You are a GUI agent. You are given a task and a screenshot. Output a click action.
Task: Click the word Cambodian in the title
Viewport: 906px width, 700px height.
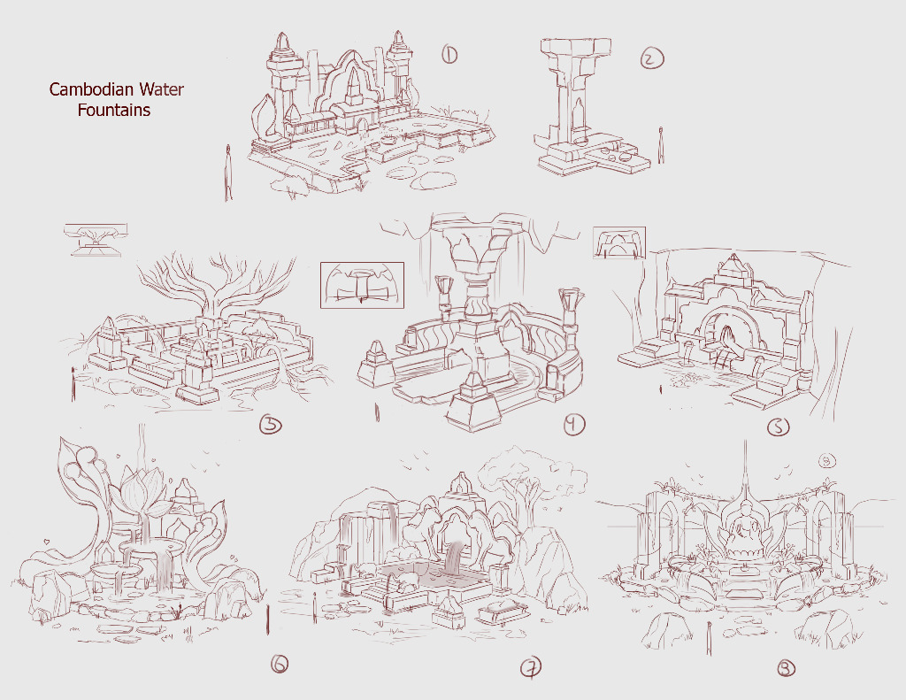[84, 89]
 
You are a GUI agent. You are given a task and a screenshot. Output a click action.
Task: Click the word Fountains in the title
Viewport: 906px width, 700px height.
[114, 110]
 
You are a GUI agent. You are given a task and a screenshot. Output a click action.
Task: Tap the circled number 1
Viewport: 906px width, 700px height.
[449, 55]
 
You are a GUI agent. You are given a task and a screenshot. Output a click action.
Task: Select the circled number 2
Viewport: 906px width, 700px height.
[652, 58]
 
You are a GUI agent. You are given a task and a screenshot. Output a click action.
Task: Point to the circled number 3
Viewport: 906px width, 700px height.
[271, 425]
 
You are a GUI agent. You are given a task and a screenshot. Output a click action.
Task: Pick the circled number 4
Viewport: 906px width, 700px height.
[573, 425]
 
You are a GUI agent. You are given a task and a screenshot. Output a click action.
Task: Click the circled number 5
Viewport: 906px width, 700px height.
[779, 427]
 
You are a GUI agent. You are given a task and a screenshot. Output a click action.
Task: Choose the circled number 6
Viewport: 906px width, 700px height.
[279, 665]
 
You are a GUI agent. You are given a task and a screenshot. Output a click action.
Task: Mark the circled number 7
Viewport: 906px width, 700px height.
[531, 668]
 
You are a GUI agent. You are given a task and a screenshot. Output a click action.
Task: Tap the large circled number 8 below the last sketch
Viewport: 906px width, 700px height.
[786, 669]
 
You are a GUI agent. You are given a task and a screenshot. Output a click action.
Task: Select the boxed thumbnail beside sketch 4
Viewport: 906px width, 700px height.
[362, 285]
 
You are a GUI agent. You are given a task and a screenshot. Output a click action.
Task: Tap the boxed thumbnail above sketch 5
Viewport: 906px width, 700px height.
[619, 242]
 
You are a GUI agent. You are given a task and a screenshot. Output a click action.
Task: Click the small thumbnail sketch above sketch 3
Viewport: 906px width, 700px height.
[96, 239]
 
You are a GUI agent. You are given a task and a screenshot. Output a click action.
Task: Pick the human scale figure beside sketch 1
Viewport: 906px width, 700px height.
[228, 173]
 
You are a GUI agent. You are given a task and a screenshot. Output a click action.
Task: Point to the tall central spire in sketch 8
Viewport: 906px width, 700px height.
[745, 468]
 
